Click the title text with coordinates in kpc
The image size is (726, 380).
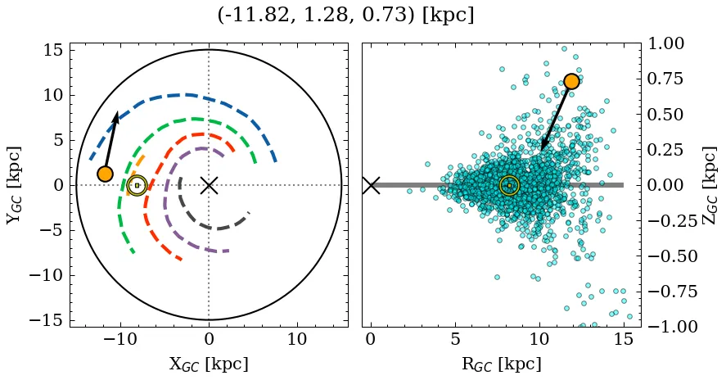coord(345,16)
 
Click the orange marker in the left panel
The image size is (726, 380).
coord(105,174)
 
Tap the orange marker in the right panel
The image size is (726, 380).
coord(571,80)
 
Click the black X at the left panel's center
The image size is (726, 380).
coord(209,185)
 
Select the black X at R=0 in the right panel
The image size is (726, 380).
coord(371,185)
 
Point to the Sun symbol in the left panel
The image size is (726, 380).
coord(137,185)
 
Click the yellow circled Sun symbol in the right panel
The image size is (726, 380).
coord(509,185)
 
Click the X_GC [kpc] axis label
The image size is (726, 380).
coord(209,364)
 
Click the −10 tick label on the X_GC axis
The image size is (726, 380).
coord(119,339)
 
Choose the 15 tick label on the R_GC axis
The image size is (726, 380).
coord(624,339)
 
